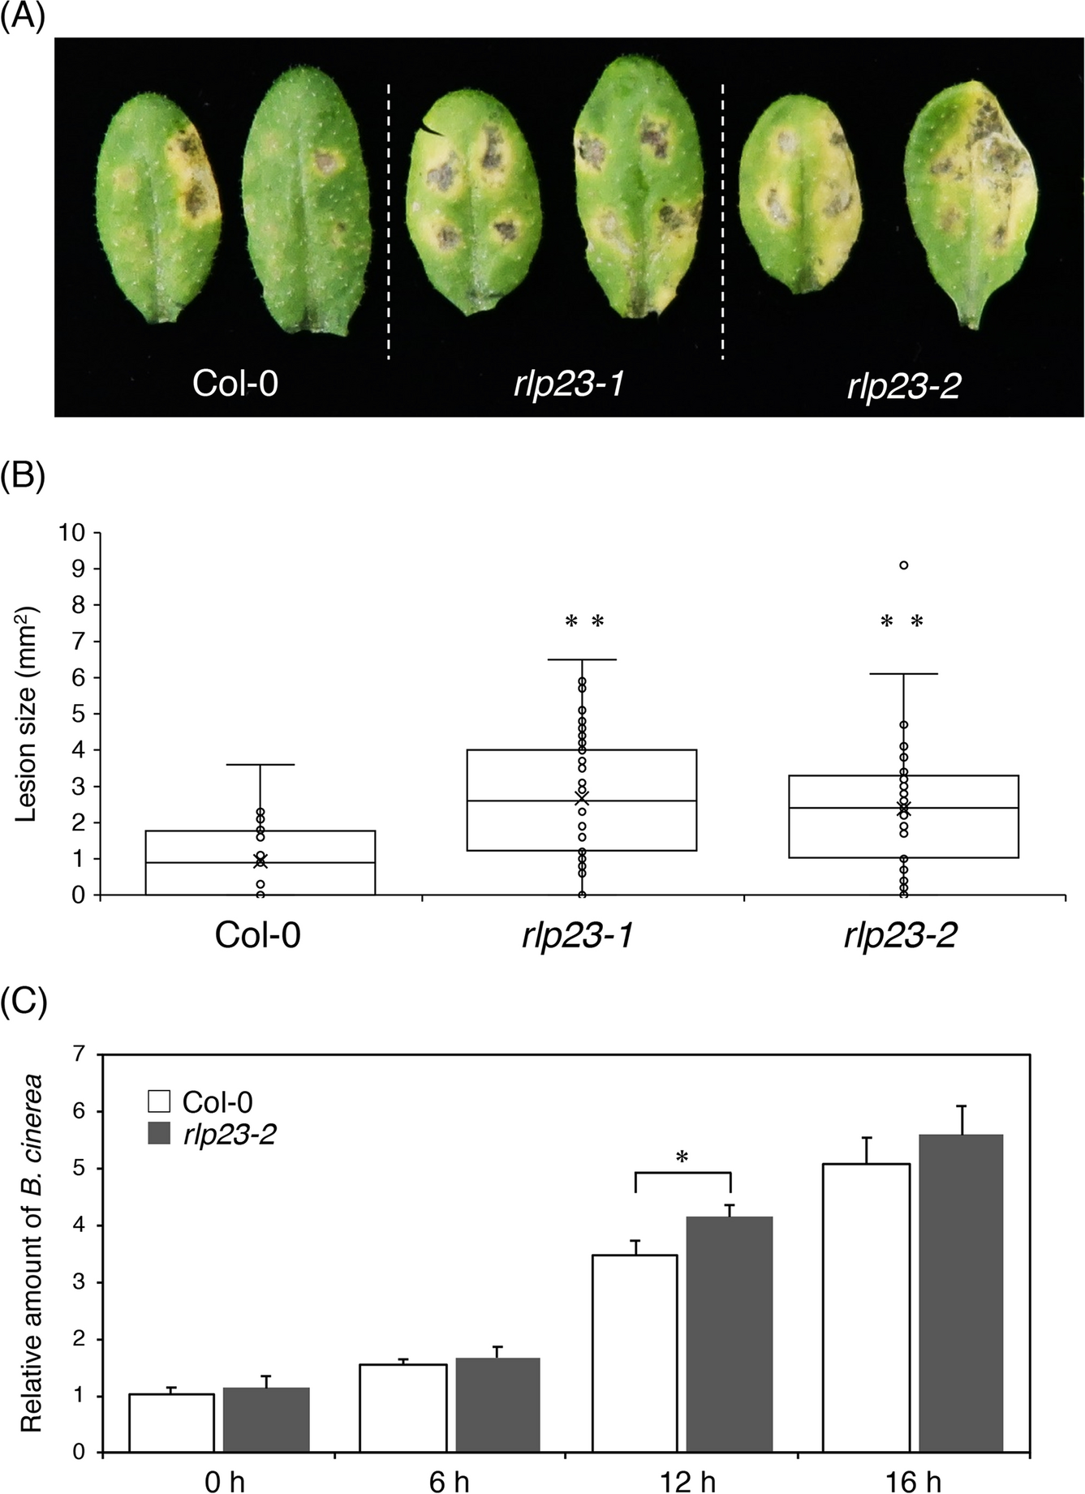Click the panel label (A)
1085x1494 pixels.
pos(22,16)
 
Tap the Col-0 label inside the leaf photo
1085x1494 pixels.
pos(235,382)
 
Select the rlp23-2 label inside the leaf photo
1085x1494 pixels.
pos(903,385)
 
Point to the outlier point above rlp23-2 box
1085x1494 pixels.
pos(903,565)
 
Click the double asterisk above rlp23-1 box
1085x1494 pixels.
pos(584,622)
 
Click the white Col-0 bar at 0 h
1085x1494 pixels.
pos(171,1423)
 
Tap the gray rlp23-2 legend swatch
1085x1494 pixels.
pos(159,1134)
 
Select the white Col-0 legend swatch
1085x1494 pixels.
pos(159,1102)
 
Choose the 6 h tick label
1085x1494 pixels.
pos(449,1483)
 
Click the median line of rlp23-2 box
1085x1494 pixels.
pos(903,808)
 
